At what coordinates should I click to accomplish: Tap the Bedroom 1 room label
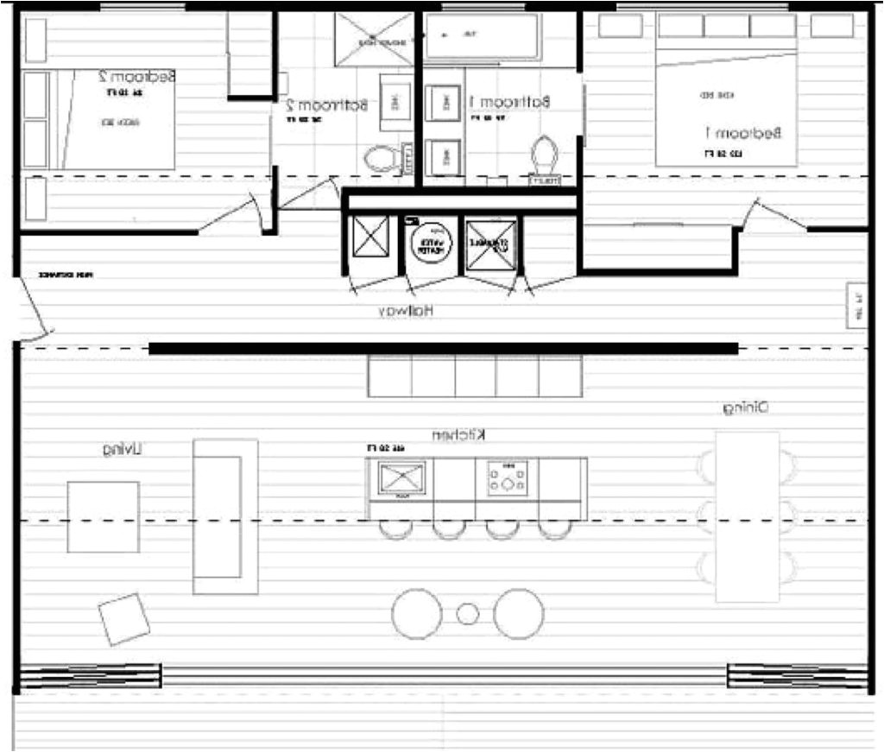(x=743, y=133)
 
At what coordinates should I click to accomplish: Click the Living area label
(x=123, y=449)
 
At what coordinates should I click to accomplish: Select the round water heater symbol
(x=430, y=244)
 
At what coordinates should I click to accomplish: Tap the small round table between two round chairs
(x=467, y=614)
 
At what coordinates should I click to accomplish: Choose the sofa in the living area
(x=225, y=515)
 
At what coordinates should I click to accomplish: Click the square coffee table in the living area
(x=104, y=516)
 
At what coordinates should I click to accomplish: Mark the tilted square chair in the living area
(x=124, y=618)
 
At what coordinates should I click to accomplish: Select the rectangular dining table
(x=748, y=516)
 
